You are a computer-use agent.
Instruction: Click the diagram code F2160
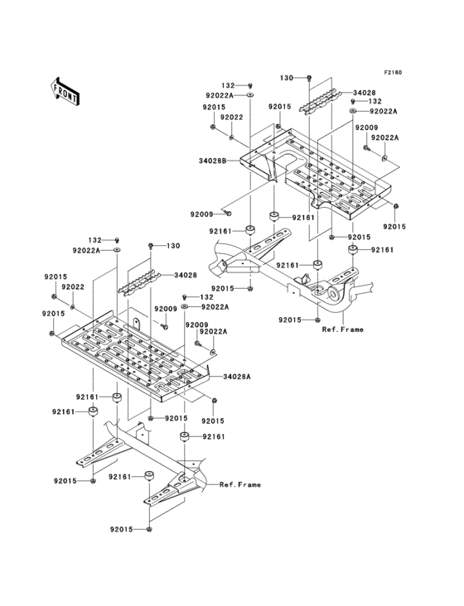point(392,72)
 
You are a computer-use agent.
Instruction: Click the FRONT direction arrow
point(65,90)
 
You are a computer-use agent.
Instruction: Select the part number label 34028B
point(213,160)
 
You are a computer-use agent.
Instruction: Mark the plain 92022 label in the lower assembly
point(73,286)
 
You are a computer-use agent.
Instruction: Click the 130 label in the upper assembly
point(287,77)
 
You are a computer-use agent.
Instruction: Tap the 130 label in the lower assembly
point(173,246)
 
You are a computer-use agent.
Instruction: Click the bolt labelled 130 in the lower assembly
point(151,247)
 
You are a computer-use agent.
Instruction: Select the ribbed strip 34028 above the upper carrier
point(319,100)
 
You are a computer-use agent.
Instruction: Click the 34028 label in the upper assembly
point(364,93)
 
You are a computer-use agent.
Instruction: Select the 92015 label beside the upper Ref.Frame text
point(290,320)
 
